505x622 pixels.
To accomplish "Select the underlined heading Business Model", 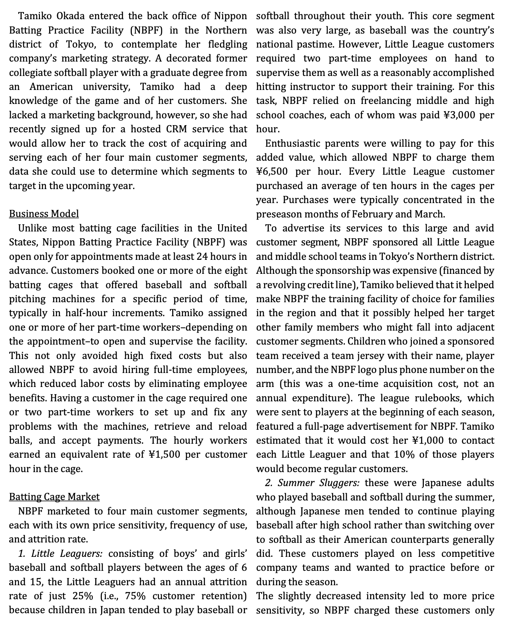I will pyautogui.click(x=44, y=214).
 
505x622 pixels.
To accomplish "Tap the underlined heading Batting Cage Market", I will pyautogui.click(x=54, y=497).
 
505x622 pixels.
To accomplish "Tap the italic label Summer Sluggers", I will pyautogui.click(x=318, y=483).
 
